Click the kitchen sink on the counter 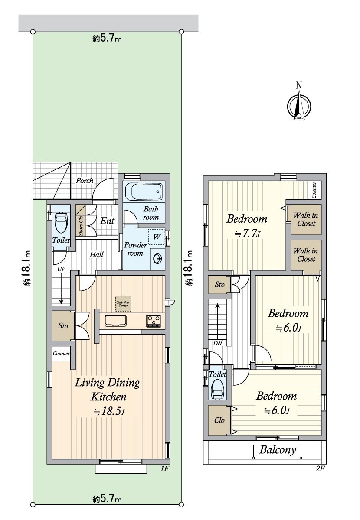point(115,321)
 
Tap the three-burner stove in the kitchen point(154,321)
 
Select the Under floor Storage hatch point(123,302)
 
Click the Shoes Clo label point(81,225)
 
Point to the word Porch point(85,181)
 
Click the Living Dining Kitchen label point(108,389)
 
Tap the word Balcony point(278,450)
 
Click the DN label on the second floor point(218,343)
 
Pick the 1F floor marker point(164,468)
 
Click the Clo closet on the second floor point(219,420)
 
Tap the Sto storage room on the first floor point(63,325)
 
